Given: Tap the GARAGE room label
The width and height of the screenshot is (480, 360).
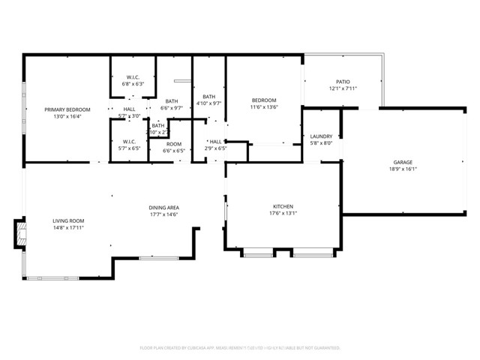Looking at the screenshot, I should tap(403, 162).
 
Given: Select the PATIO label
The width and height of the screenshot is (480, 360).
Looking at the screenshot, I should tap(342, 82).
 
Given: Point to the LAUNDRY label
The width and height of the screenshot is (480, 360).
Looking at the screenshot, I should tap(321, 136).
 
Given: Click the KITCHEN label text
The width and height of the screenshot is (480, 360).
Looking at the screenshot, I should tap(283, 206).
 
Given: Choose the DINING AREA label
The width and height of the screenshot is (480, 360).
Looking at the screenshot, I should tap(163, 208).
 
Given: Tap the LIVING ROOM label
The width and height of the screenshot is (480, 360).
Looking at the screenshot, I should tap(68, 220).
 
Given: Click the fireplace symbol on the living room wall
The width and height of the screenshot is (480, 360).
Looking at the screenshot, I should tap(19, 233).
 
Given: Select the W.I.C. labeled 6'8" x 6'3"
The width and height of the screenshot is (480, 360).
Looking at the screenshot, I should tap(133, 77).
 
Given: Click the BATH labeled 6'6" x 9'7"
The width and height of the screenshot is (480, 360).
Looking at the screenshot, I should tap(172, 101).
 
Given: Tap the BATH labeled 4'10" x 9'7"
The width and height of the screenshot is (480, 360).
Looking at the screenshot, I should tap(208, 96).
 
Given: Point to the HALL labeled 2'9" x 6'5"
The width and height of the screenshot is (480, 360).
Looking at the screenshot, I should tap(216, 142).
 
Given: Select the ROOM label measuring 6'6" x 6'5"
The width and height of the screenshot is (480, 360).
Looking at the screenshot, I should tap(173, 144).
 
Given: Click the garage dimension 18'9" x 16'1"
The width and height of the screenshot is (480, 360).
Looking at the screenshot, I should tap(403, 169).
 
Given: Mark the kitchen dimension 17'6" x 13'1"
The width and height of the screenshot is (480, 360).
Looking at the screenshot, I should tap(283, 213).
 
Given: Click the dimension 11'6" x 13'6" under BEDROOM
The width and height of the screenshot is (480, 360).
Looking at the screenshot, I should tap(264, 107).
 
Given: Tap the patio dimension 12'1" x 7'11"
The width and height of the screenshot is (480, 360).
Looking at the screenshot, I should tap(342, 88).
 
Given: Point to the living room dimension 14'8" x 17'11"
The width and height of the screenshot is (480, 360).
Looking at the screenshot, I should tap(68, 227).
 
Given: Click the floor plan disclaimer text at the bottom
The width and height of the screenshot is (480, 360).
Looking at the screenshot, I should tap(240, 348).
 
